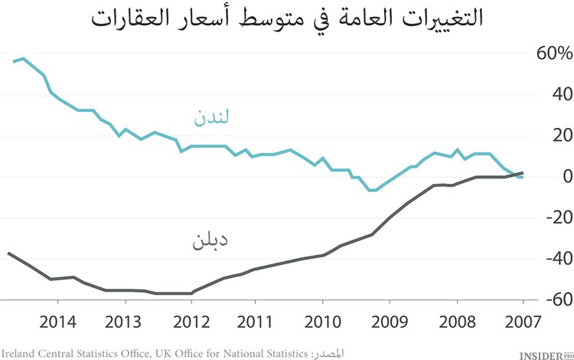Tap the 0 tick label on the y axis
coord(565,176)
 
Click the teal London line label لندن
coord(210,118)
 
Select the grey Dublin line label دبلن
coord(210,242)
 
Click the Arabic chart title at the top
coord(287,18)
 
